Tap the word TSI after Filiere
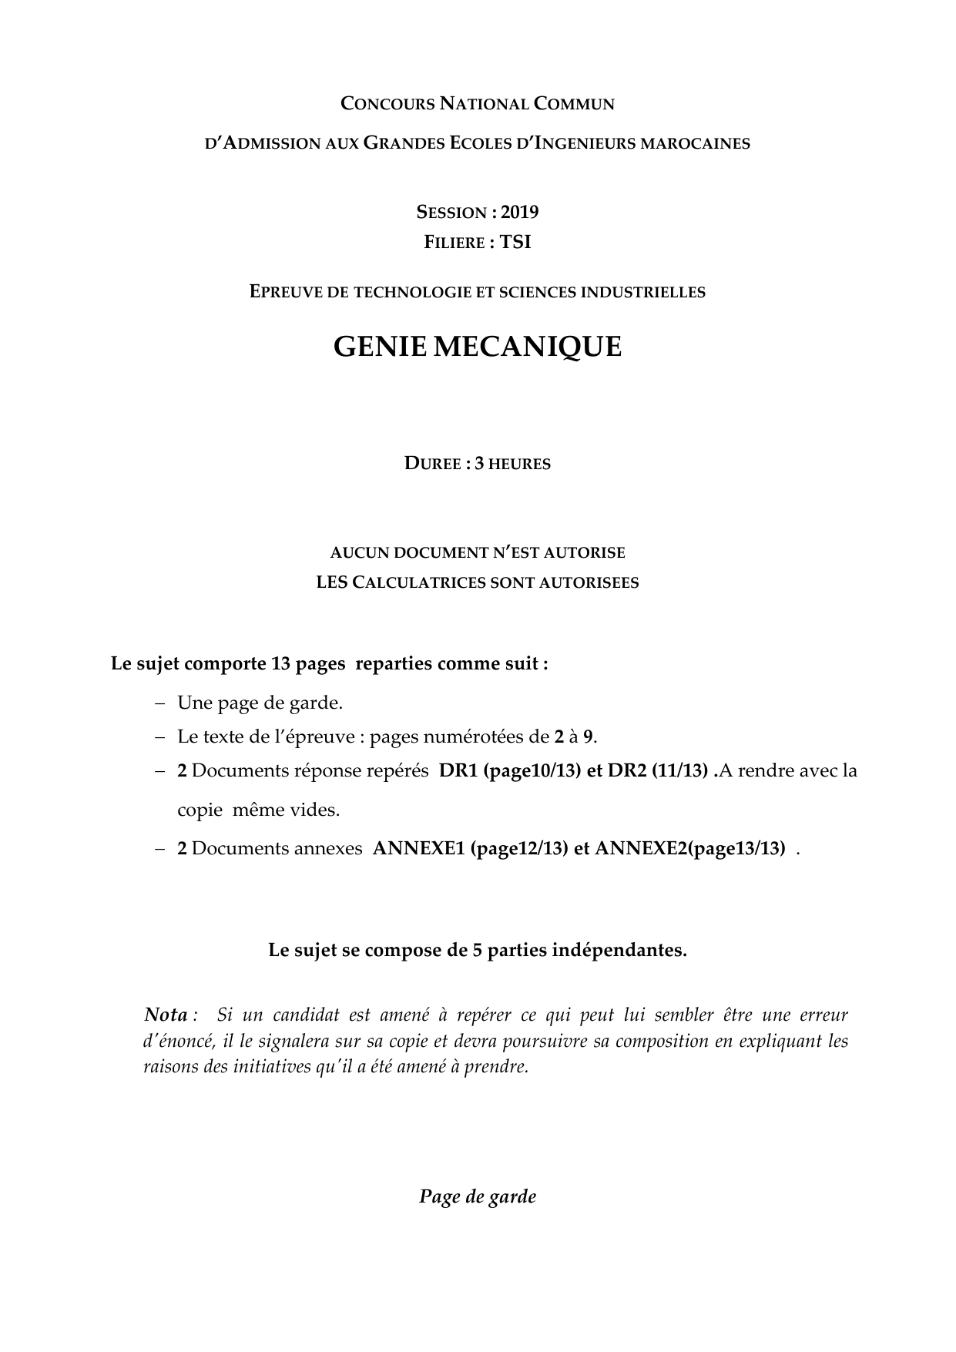(515, 242)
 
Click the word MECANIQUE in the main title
(528, 347)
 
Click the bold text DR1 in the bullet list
(458, 770)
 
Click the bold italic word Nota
(166, 1014)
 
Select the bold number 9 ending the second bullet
(588, 736)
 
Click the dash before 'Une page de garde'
(159, 703)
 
